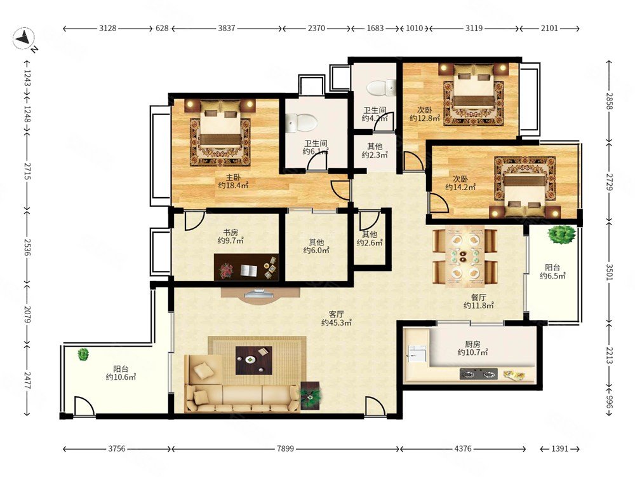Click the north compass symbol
23,39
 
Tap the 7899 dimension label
286,448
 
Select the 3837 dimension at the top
227,28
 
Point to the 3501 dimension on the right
610,272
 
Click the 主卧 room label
233,177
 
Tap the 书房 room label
231,233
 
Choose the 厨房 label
472,344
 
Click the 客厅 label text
336,314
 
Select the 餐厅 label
478,297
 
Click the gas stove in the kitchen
479,373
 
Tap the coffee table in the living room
254,360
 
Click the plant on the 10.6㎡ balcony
83,354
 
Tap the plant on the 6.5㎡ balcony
561,235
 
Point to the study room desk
246,267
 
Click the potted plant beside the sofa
311,395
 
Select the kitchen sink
417,353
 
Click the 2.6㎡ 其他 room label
370,238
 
